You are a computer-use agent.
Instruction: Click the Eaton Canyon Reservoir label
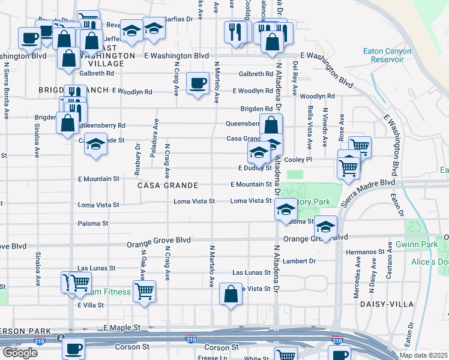(387, 55)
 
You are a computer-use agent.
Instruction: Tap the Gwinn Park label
(417, 245)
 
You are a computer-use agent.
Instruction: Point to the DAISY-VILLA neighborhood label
(387, 304)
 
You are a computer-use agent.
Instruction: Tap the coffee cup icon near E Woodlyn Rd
(197, 83)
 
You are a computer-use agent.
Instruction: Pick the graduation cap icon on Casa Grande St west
(95, 145)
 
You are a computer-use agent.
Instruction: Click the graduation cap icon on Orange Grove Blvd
(325, 227)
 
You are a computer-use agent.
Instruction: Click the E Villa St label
(91, 305)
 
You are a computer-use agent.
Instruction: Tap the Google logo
(20, 352)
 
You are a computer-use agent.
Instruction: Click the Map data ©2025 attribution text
(423, 355)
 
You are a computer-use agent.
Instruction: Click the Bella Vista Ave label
(310, 128)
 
